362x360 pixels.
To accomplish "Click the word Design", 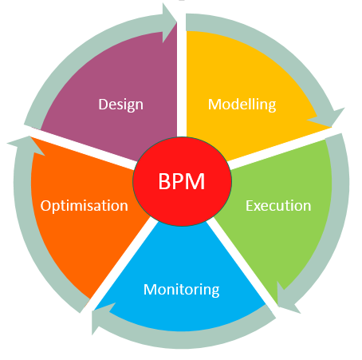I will pos(120,104).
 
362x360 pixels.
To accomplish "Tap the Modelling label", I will pos(242,104).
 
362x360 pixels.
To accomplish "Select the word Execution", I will pos(277,205).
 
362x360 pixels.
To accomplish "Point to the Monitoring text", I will pos(181,289).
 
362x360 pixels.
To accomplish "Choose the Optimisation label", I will pos(84,205).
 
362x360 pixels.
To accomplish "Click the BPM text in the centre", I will pos(181,181).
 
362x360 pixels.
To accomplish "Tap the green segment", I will pos(287,239).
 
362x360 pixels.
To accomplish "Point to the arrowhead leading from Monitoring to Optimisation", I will pos(100,321).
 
